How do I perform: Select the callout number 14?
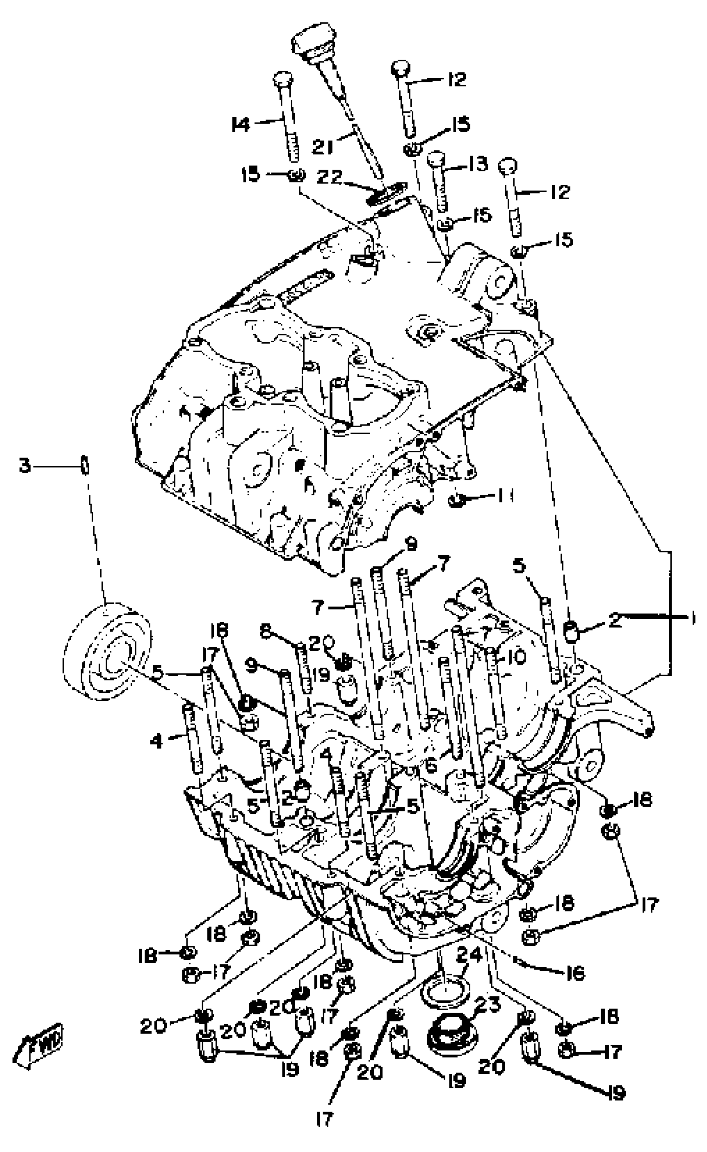[242, 125]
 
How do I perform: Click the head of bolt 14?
[282, 78]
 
